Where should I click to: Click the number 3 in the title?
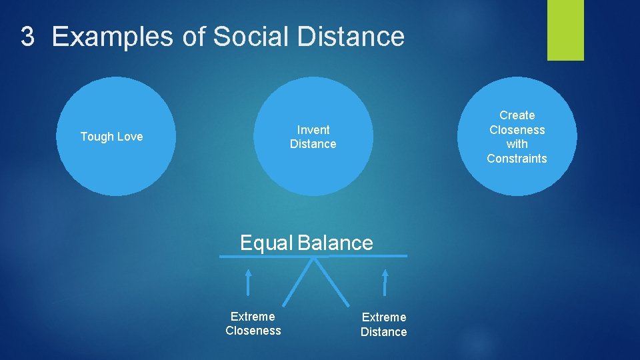tap(27, 37)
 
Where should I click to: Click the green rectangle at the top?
tap(565, 29)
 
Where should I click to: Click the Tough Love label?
tap(111, 137)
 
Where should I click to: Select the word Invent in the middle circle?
tap(313, 129)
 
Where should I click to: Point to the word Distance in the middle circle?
tap(313, 144)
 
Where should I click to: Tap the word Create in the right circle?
tap(517, 115)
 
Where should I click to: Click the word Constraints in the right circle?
tap(517, 159)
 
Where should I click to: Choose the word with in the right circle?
tap(517, 144)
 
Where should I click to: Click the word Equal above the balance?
tap(266, 243)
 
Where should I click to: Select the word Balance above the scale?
tap(335, 243)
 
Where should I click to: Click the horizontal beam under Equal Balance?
tap(314, 255)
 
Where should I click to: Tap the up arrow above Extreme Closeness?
tap(248, 281)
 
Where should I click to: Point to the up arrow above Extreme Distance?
tap(385, 281)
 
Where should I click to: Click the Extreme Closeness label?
tap(253, 323)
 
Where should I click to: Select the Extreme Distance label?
tap(383, 324)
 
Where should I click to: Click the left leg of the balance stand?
tap(297, 281)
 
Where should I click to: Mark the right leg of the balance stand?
tap(331, 281)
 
